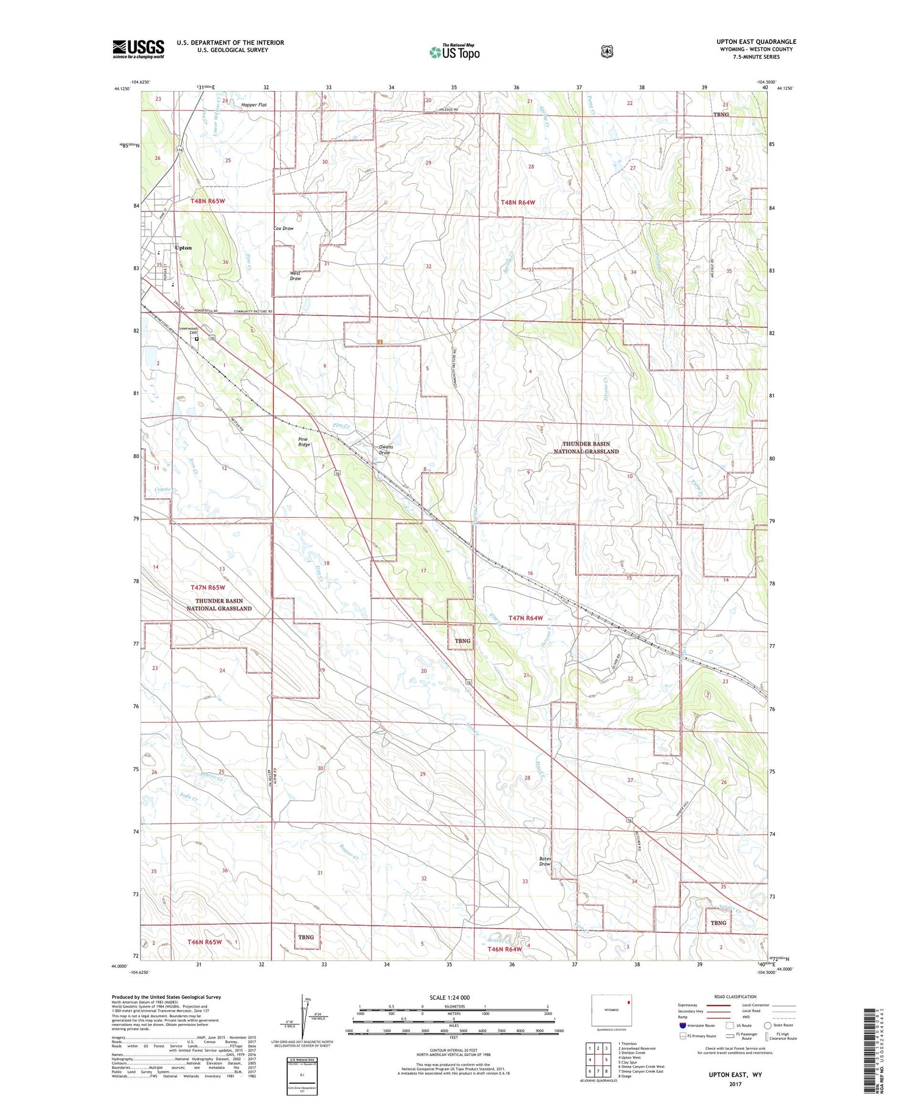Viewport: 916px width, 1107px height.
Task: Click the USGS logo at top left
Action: (138, 49)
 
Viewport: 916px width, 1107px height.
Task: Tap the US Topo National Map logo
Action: (454, 52)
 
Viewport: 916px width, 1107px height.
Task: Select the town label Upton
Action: (183, 248)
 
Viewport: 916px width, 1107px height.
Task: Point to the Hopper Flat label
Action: (254, 105)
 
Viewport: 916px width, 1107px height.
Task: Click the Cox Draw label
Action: (283, 228)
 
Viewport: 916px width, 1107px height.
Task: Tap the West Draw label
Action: (296, 275)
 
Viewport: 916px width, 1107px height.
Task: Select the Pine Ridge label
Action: (304, 441)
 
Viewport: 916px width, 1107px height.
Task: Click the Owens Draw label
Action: (385, 449)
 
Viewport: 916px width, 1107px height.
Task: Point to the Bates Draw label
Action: (545, 862)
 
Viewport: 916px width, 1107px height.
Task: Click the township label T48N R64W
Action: (518, 202)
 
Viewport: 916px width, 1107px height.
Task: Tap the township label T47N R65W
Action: (208, 587)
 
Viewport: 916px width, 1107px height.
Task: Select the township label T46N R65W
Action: (205, 942)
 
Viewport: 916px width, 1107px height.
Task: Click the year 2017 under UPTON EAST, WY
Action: (735, 1084)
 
